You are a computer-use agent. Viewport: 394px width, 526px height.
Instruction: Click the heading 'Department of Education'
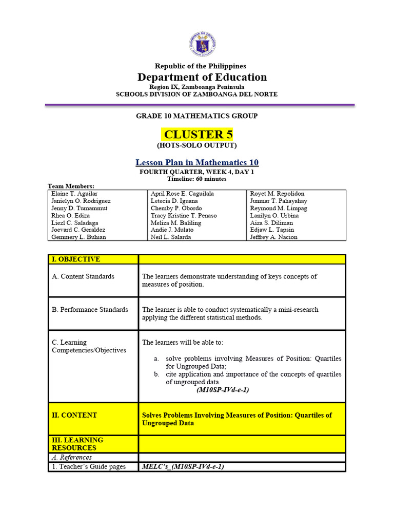coord(202,77)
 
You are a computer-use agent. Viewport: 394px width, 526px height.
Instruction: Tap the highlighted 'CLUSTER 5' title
coord(198,135)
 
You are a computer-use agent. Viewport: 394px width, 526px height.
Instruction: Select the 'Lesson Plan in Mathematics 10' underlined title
coord(197,162)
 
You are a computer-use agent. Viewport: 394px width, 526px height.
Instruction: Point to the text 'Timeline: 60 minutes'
coord(197,179)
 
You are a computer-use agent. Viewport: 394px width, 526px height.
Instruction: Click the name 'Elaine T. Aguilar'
coord(74,194)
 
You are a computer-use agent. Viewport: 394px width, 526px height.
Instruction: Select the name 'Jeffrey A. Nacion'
coord(273,237)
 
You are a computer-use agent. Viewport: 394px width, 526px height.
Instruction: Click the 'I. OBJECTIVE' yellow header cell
coord(75,259)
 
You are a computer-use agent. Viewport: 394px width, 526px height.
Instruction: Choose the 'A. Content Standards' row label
coord(83,276)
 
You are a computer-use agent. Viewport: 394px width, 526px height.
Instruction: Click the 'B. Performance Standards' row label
coord(90,310)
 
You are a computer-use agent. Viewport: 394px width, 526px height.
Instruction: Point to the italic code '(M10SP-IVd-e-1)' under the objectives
coord(223,390)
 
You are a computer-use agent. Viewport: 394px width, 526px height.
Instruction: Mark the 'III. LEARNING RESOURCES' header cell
coord(77,444)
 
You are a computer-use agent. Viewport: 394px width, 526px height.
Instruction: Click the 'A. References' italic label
coord(72,457)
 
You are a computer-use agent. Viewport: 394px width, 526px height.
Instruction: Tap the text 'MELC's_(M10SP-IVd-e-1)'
coord(183,466)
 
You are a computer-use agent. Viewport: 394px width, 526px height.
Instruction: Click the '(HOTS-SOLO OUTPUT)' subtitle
coord(197,145)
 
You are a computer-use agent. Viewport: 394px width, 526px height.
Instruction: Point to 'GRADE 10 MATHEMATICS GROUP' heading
coord(197,116)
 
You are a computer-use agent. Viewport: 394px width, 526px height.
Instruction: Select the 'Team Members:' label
coord(71,186)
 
